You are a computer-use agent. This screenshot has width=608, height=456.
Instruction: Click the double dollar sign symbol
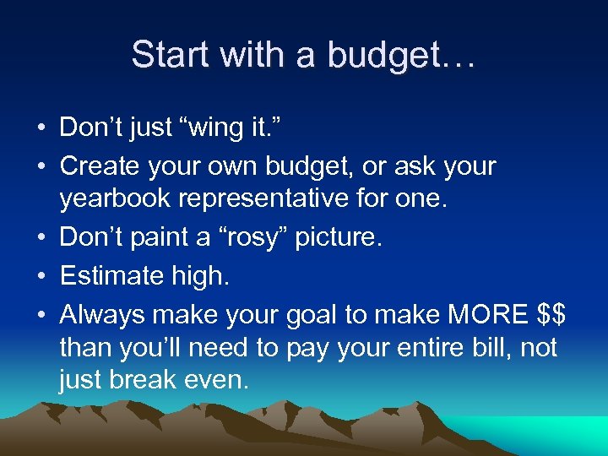click(551, 315)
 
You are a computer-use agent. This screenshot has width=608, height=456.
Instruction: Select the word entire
click(421, 348)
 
